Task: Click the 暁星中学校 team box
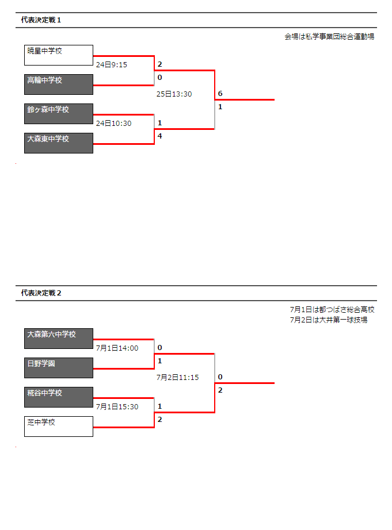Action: pos(59,55)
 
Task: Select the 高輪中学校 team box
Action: pos(59,85)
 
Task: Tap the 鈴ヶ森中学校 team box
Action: pos(59,114)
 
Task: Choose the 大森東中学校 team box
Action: pos(59,143)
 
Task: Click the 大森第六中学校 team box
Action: pos(59,339)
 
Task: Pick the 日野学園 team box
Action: pos(59,368)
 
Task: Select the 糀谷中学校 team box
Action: pos(59,397)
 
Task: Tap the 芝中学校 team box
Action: pos(59,427)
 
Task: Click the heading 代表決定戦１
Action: pos(41,20)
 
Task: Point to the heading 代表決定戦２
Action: pos(41,293)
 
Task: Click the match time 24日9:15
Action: pos(112,64)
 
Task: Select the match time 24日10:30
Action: pos(114,124)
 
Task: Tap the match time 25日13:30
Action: pos(174,94)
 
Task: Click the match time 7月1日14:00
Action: pos(117,348)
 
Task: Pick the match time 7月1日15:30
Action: pos(117,406)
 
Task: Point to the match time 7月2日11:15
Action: pos(178,377)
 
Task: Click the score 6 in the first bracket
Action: pos(220,94)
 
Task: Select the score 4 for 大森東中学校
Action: pos(160,136)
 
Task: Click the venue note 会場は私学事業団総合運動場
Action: pos(329,37)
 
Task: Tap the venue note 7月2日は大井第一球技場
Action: pos(329,320)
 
